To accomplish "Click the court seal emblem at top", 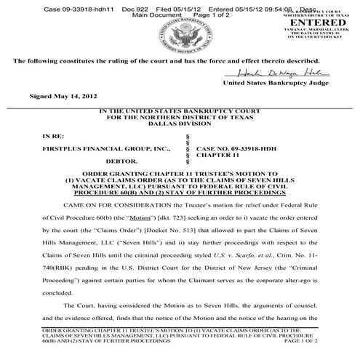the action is coord(178,33).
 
